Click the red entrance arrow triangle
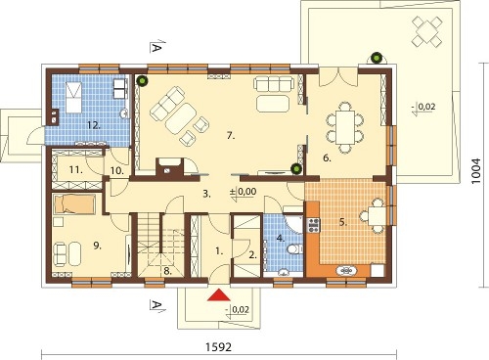click(x=219, y=294)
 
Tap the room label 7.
click(x=231, y=136)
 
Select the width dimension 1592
click(x=218, y=347)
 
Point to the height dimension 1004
click(x=476, y=171)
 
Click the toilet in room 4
click(x=294, y=249)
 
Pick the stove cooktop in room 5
click(x=314, y=225)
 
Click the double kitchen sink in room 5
click(x=346, y=270)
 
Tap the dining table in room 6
click(x=345, y=128)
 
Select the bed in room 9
click(x=74, y=204)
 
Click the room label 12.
click(x=94, y=125)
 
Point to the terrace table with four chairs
click(x=427, y=31)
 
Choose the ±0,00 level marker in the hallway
click(x=243, y=192)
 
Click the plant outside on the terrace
click(x=377, y=59)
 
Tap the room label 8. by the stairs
click(x=167, y=271)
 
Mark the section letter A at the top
click(x=156, y=49)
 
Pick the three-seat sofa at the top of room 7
click(x=273, y=83)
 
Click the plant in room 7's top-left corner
click(x=142, y=80)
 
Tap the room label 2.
click(x=253, y=255)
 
